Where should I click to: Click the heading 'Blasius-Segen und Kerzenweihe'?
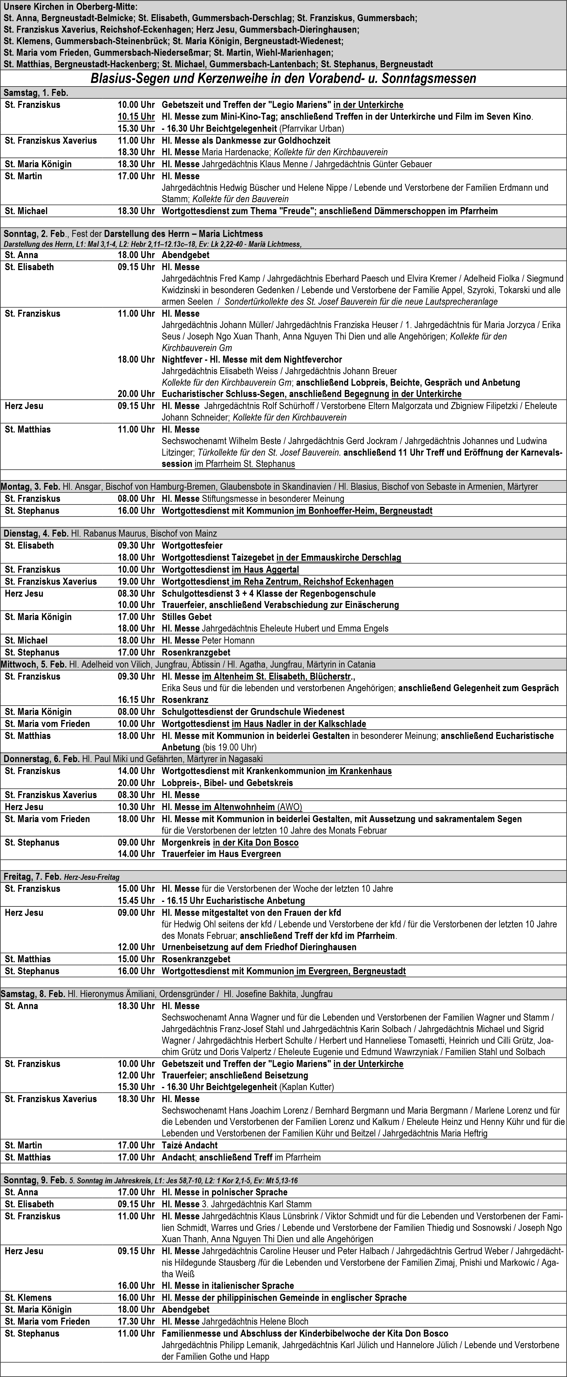[283, 79]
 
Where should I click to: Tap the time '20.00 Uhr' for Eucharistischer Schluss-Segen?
[136, 394]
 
